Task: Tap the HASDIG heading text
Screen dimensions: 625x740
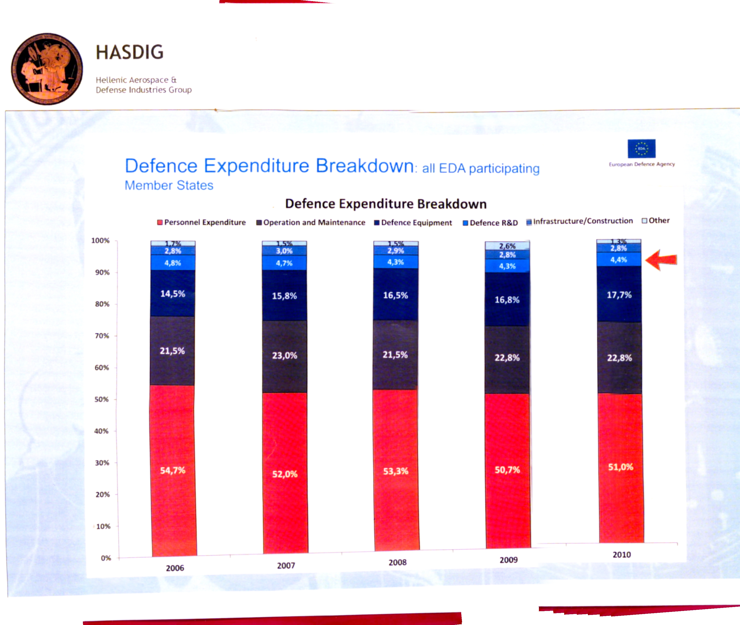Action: [x=130, y=52]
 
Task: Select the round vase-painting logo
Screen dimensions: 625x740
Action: [x=47, y=69]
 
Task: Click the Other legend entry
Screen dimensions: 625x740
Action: [x=656, y=221]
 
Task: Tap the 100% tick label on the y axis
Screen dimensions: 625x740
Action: [x=100, y=241]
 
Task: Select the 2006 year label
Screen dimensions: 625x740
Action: [x=175, y=568]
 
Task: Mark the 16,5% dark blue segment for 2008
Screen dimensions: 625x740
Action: [x=395, y=295]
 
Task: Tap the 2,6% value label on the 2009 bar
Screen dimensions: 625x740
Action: [x=507, y=246]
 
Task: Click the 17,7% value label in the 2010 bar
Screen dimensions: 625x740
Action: [x=619, y=295]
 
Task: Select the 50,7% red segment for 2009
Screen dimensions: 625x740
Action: [x=507, y=470]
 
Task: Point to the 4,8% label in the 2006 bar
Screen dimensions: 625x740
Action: [x=173, y=263]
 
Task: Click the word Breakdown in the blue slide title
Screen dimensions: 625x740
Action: [x=364, y=166]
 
